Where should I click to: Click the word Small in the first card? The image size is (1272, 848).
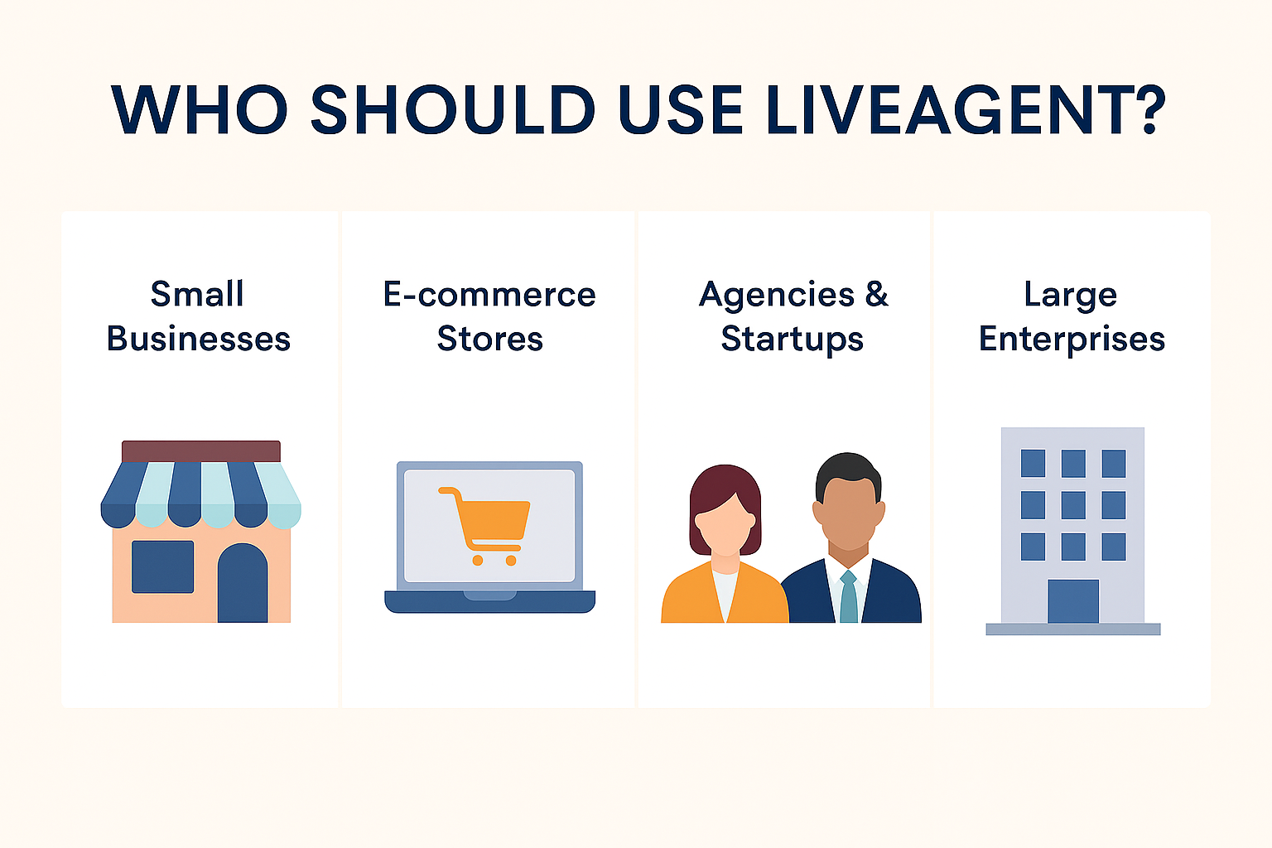[x=197, y=294]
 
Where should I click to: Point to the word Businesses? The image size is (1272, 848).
[x=199, y=339]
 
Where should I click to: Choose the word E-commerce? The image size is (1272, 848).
[x=489, y=295]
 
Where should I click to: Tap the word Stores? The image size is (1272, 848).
[x=489, y=339]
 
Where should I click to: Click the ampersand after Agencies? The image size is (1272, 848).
[x=876, y=294]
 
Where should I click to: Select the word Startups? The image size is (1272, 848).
[x=792, y=340]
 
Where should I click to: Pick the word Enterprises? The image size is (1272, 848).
[x=1072, y=340]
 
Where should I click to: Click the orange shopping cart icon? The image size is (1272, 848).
[x=485, y=524]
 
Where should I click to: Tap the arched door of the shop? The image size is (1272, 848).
[x=243, y=584]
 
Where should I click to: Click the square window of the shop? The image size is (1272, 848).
[x=163, y=566]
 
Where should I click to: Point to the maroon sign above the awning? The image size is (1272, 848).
[x=201, y=451]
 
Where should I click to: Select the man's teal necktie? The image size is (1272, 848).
[x=849, y=596]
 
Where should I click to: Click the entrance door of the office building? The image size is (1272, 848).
[x=1073, y=601]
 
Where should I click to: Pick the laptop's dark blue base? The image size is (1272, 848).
[x=489, y=602]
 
